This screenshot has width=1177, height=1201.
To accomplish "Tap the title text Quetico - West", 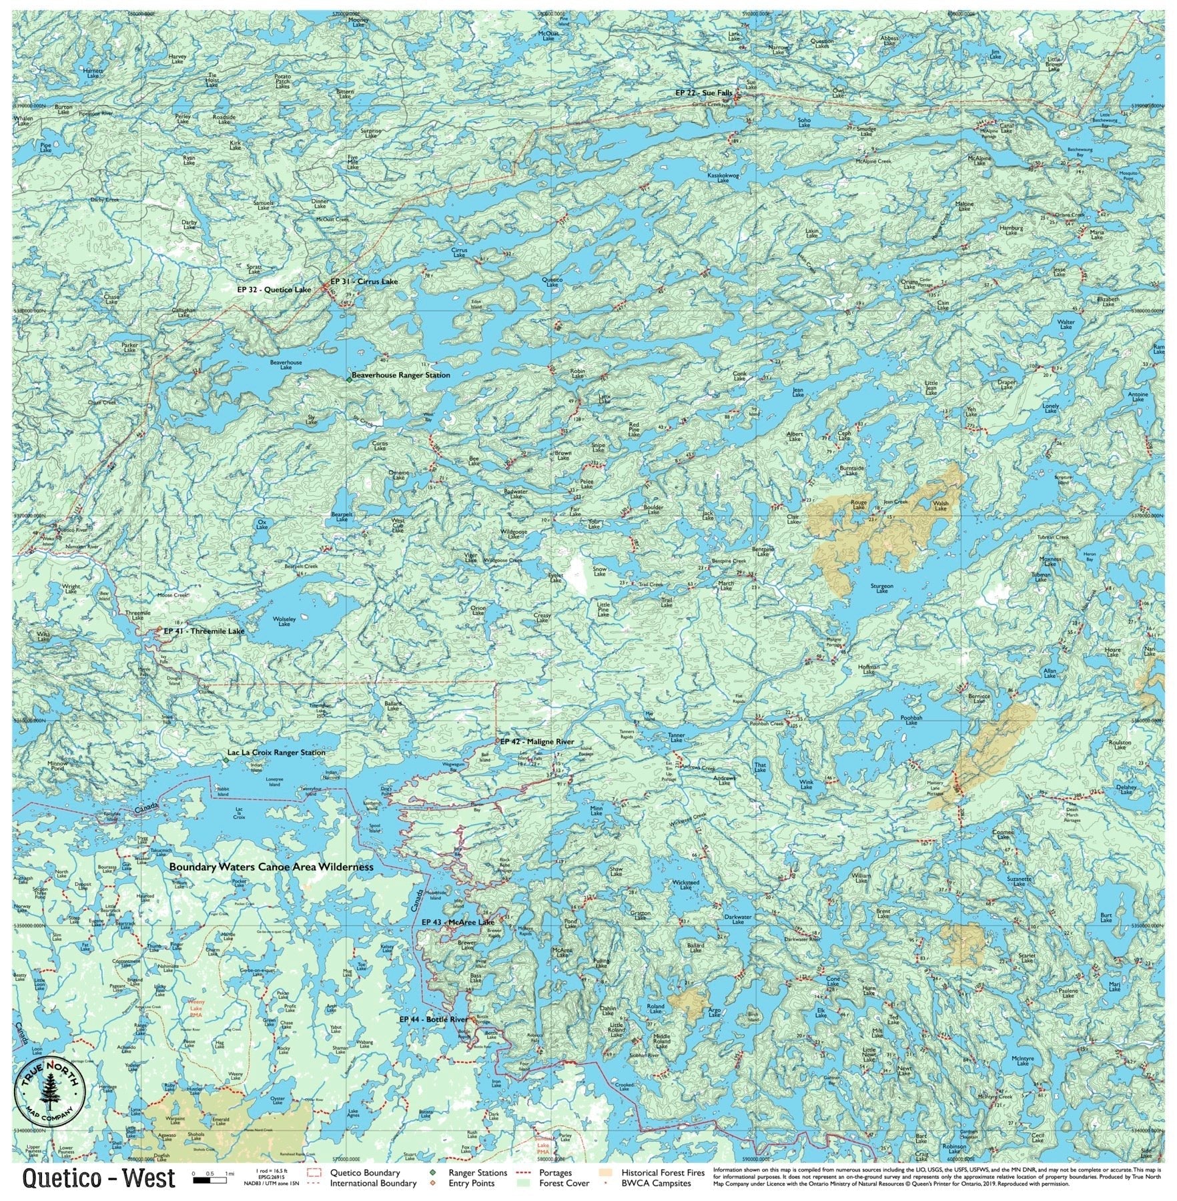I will point(99,1178).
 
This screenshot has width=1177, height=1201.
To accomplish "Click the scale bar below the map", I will point(212,1180).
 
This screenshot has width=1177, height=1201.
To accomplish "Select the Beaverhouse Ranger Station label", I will point(400,376).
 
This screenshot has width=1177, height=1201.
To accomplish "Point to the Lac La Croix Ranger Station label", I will point(276,753).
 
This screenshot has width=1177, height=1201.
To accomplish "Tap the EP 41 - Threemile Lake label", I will point(204,631).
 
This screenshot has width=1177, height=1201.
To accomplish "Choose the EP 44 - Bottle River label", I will point(434,1020).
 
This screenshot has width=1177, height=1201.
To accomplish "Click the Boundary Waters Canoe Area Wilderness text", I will point(271,867).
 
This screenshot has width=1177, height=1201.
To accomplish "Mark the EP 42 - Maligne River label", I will point(537,742).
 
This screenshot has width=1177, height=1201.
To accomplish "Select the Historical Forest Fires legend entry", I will point(662,1172).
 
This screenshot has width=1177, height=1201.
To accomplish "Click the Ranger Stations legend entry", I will point(477,1172).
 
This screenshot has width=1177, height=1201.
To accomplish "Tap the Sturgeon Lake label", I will point(882,588).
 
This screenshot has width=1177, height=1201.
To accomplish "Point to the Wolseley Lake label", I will point(284,621).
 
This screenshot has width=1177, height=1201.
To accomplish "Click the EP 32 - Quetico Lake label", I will point(274,290).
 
